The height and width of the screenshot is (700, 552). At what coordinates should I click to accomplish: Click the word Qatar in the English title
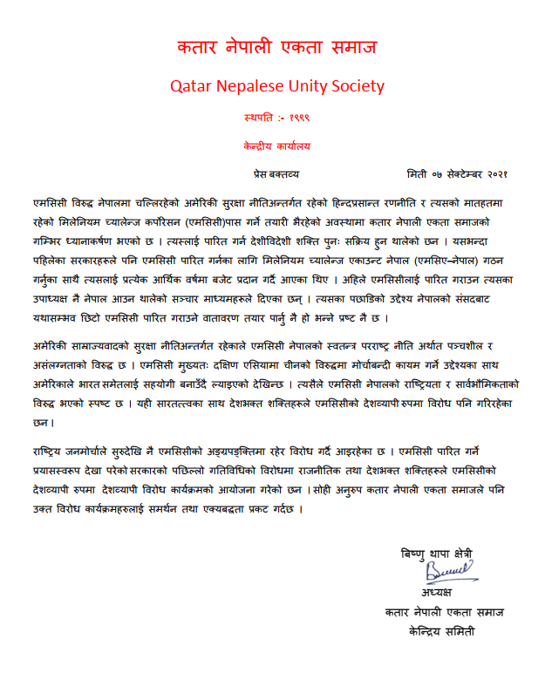point(192,87)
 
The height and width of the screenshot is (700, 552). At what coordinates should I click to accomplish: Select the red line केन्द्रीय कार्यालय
point(276,145)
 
